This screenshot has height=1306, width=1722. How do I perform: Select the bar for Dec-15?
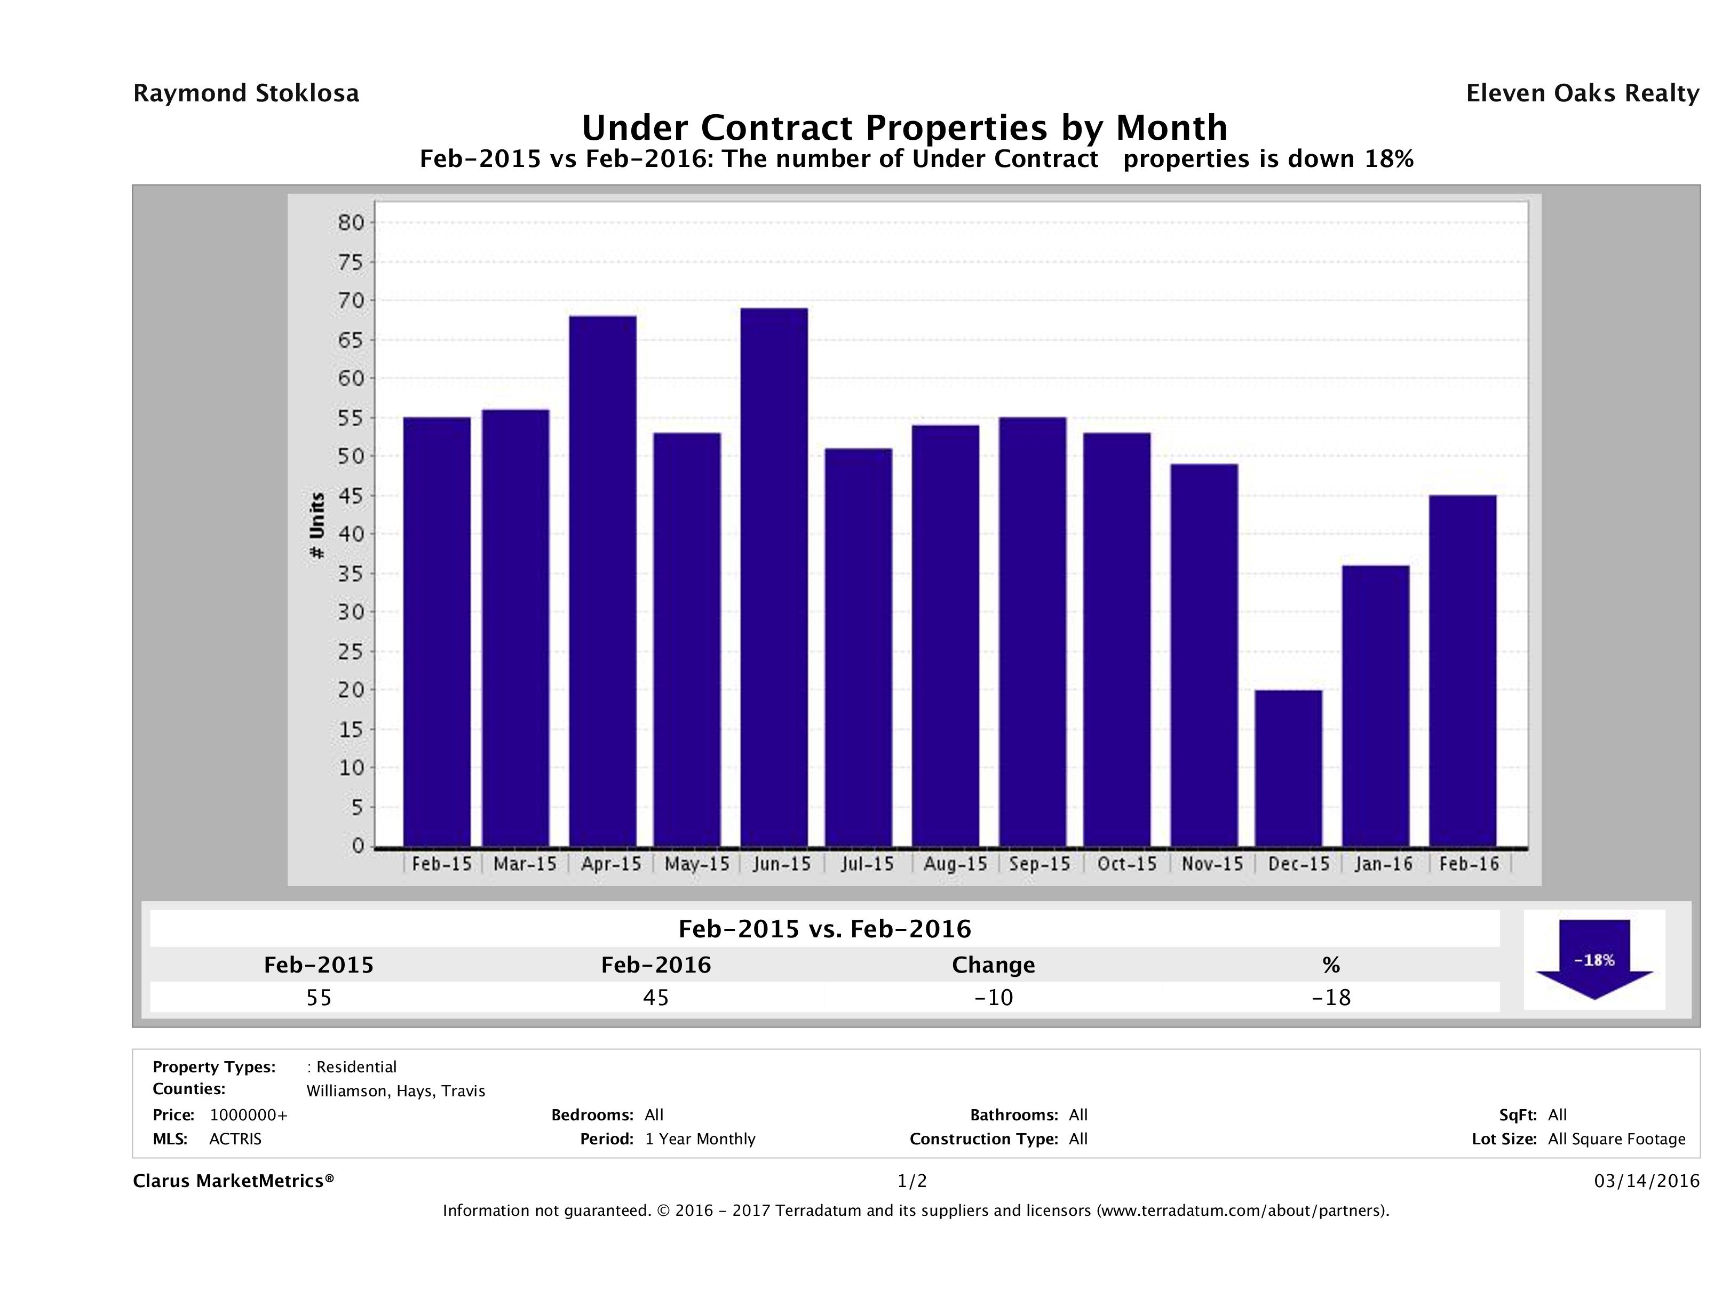[1288, 768]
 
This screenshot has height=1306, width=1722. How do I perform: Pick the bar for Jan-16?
[1376, 706]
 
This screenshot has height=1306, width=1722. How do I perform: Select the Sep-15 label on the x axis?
[1039, 864]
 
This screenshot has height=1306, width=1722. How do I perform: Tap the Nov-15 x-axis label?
[1211, 864]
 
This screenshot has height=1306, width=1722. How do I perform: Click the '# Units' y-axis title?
[317, 525]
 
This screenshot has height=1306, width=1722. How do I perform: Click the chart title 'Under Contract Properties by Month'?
[904, 128]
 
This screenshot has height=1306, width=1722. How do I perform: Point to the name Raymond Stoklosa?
[246, 93]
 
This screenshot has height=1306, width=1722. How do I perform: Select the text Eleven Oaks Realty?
[1582, 93]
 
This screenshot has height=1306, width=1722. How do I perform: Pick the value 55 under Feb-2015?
[319, 997]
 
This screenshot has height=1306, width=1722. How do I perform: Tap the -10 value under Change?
[994, 997]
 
